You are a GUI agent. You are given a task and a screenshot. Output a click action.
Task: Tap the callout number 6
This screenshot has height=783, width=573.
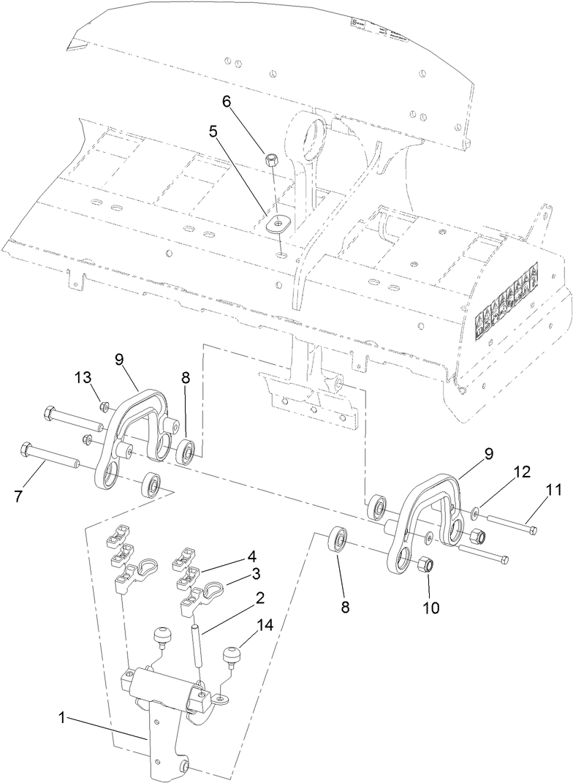227,102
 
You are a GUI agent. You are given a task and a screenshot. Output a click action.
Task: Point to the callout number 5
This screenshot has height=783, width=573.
213,132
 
